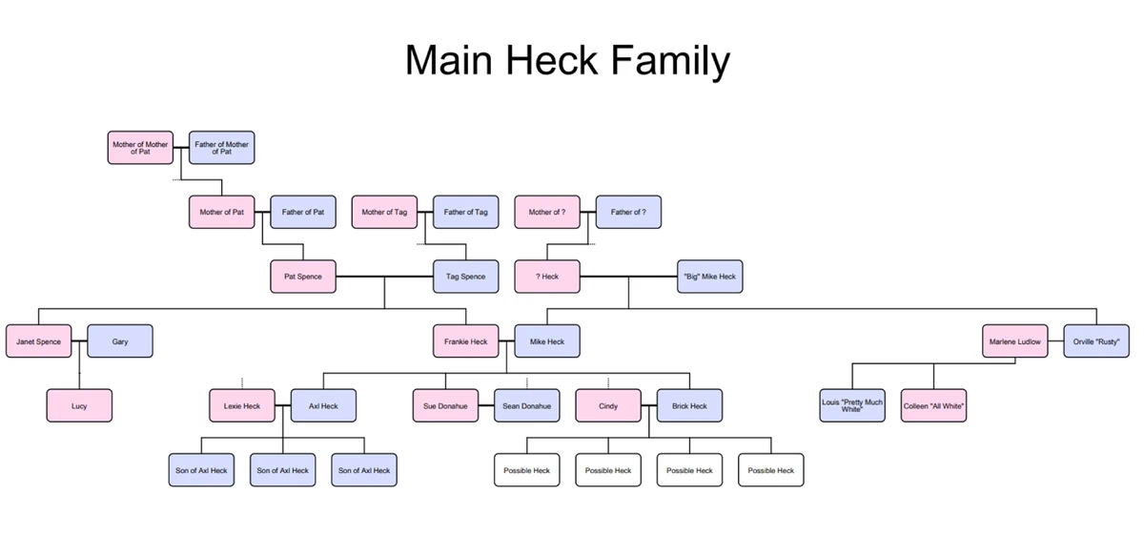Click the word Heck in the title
coord(551,60)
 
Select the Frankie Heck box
coord(465,341)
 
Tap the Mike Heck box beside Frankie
coord(547,341)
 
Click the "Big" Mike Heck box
coord(709,277)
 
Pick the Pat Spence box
coord(303,277)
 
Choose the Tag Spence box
coord(465,277)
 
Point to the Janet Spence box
coord(38,341)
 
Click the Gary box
coord(120,341)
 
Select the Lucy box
coord(79,406)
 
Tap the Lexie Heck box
coord(242,406)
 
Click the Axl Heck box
coord(323,406)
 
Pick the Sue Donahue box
coord(445,406)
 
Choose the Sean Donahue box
coord(526,406)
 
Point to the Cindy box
coord(608,406)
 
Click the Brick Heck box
coord(689,406)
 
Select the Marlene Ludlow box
coord(1014,341)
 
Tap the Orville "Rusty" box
coord(1096,341)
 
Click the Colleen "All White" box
coord(933,406)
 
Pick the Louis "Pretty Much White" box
coord(852,406)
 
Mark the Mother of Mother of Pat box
coord(140,147)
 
